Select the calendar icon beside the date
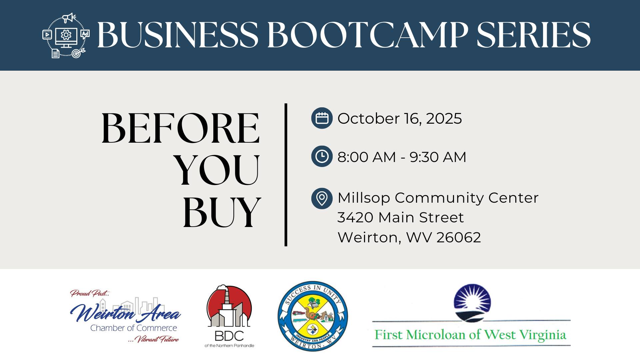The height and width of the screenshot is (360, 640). pyautogui.click(x=322, y=118)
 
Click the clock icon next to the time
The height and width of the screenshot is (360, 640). pyautogui.click(x=322, y=156)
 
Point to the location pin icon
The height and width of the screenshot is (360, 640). pyautogui.click(x=322, y=198)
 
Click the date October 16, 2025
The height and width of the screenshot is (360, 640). pyautogui.click(x=400, y=119)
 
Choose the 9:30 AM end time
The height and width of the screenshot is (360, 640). pyautogui.click(x=438, y=157)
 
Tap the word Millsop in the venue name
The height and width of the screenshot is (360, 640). pyautogui.click(x=364, y=198)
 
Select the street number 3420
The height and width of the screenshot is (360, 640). pyautogui.click(x=355, y=218)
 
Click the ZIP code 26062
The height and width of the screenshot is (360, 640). pyautogui.click(x=459, y=238)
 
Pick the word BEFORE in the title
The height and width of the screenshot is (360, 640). pyautogui.click(x=180, y=128)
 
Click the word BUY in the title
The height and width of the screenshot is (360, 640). pyautogui.click(x=222, y=212)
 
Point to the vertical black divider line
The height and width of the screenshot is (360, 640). pyautogui.click(x=286, y=175)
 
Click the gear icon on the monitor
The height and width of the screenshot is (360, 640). pyautogui.click(x=66, y=34)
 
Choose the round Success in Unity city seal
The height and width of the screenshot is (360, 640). pyautogui.click(x=313, y=316)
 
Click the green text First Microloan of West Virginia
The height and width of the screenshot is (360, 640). pyautogui.click(x=470, y=335)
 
